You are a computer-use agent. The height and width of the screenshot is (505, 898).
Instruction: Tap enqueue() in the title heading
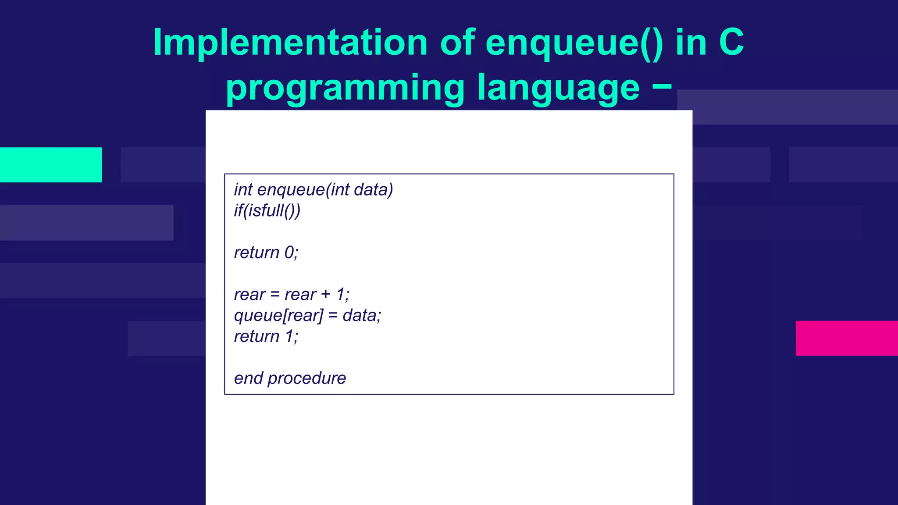pos(574,43)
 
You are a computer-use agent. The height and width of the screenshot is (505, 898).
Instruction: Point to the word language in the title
pos(558,88)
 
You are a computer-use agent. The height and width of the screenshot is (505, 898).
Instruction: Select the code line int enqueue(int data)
pos(313,190)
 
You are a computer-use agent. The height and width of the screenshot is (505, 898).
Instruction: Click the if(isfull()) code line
pos(267,211)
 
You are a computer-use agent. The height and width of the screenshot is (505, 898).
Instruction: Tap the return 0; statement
pos(266,253)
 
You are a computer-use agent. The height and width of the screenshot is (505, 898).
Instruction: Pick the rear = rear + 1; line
pos(291,295)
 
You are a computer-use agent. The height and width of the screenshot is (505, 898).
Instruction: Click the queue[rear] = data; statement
pos(307,316)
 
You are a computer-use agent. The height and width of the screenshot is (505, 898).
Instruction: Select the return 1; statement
pos(266,337)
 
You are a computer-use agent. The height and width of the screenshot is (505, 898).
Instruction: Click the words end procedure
pos(289,378)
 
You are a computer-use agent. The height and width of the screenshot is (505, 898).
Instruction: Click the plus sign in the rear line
pos(325,295)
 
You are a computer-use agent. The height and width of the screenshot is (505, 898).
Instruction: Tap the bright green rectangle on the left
pos(51,165)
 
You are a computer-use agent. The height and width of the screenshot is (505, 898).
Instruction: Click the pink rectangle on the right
pos(846,338)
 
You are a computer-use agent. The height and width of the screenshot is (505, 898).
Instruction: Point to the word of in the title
pos(457,43)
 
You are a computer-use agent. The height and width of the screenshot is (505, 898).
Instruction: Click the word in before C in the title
pos(691,43)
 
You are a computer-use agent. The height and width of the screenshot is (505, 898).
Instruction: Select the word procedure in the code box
pos(306,378)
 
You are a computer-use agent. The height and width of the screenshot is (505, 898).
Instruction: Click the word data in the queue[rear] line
pos(361,316)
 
